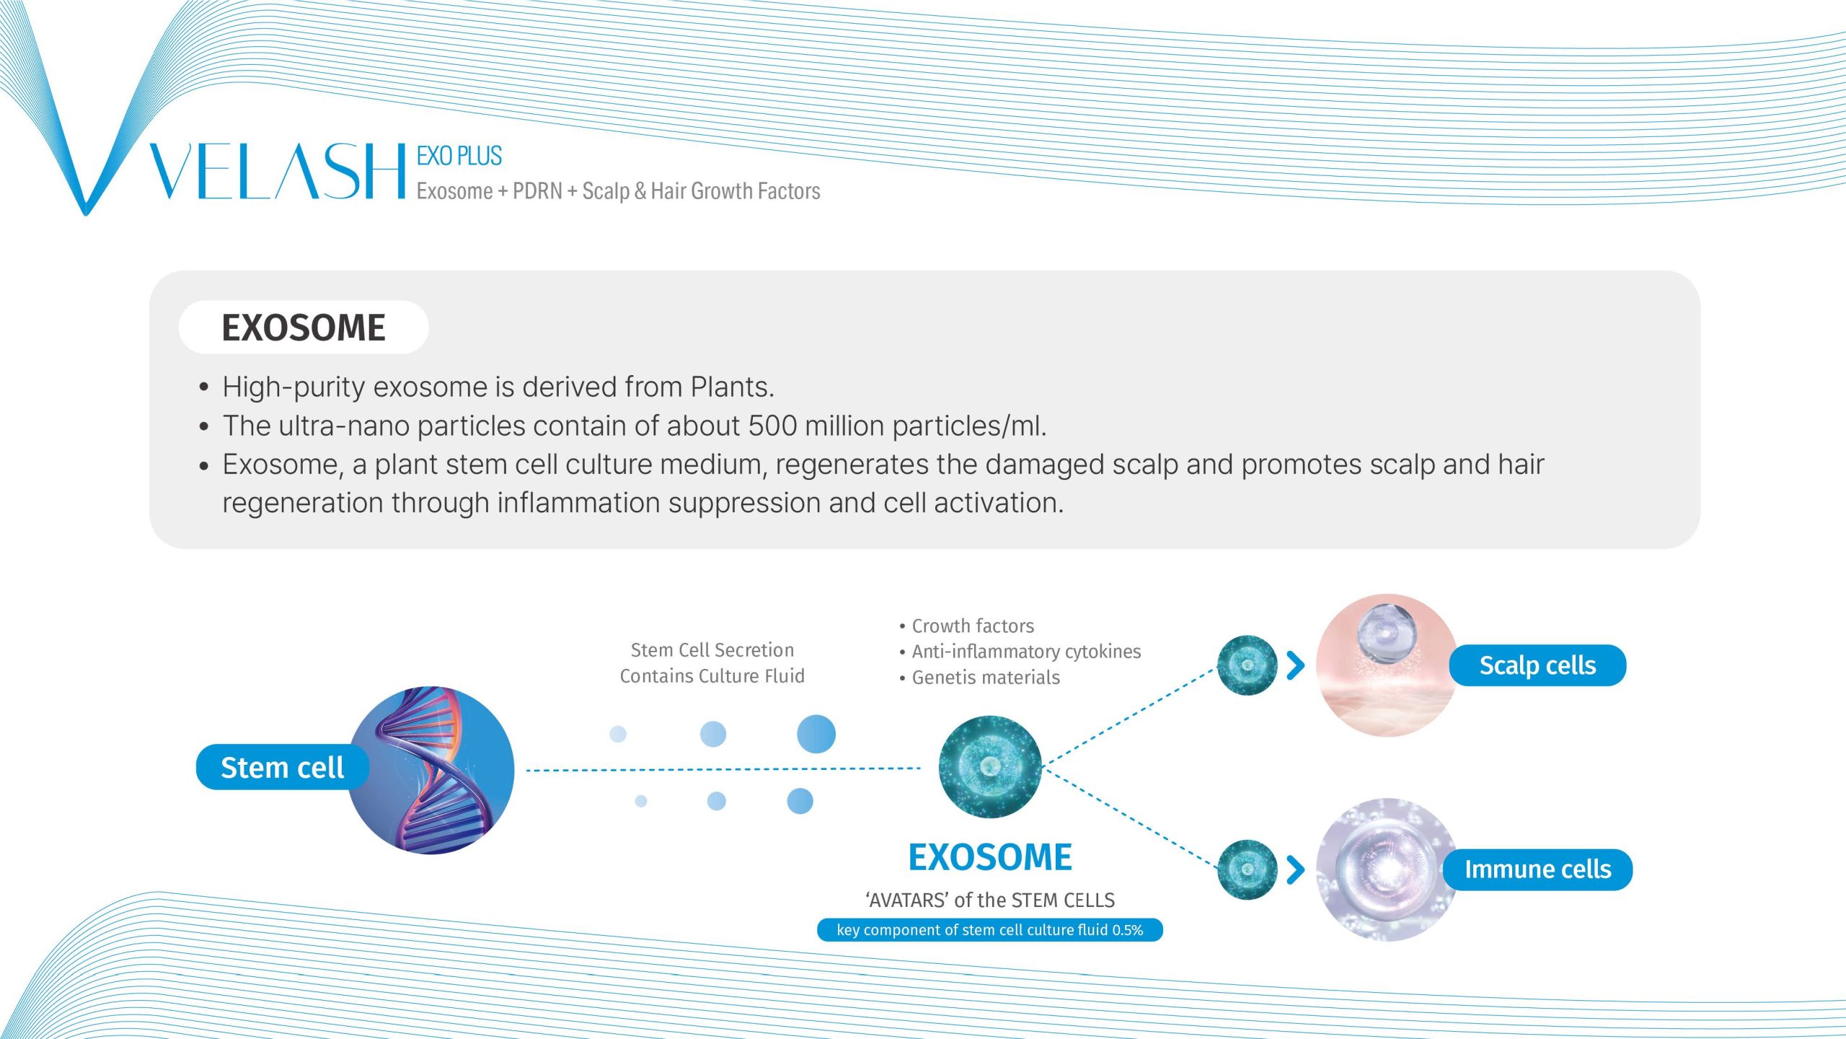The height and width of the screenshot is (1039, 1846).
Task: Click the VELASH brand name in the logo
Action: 278,171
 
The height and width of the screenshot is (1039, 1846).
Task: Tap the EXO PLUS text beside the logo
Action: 459,156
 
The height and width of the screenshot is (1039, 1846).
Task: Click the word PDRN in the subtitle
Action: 537,191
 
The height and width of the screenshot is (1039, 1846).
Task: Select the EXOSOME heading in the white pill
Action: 304,328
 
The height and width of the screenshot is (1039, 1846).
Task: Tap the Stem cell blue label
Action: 282,767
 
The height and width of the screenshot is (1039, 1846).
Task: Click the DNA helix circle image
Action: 431,770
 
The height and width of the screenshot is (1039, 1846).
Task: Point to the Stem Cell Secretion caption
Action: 712,650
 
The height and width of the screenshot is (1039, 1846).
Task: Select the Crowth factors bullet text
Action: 966,626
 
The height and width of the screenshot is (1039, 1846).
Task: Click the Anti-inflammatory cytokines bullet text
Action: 1020,652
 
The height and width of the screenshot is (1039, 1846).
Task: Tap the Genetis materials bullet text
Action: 979,678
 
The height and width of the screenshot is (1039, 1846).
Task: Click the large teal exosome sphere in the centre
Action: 990,766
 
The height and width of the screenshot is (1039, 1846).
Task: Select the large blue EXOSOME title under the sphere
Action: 990,857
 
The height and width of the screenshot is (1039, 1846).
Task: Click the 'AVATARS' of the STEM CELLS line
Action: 990,900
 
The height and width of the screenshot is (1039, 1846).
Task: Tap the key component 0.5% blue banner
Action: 990,930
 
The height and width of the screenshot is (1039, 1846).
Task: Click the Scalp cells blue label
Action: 1537,665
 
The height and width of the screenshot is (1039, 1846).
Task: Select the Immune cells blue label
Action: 1537,869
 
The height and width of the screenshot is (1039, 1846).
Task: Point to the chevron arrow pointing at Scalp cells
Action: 1296,665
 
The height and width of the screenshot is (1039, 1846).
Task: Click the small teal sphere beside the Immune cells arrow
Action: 1247,869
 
